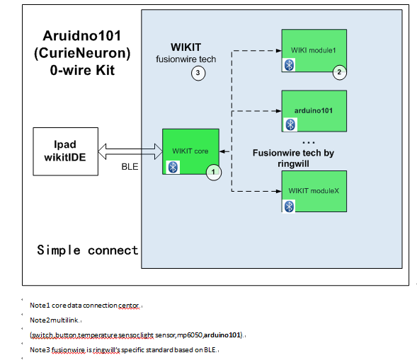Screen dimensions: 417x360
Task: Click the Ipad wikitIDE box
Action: [x=65, y=151]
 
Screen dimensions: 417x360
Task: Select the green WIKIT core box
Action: [x=190, y=151]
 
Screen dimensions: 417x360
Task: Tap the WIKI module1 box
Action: [x=314, y=50]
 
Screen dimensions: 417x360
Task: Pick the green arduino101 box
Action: [x=314, y=111]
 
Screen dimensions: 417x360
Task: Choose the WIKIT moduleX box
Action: [x=314, y=191]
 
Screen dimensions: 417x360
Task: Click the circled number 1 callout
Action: [x=214, y=172]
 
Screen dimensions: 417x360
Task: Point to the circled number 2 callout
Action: [x=339, y=72]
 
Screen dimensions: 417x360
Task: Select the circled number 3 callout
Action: [x=198, y=73]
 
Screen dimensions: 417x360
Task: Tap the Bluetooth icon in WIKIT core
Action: [x=173, y=168]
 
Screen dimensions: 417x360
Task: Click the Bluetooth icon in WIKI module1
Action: [x=289, y=65]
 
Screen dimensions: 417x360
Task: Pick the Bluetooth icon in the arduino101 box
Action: [x=290, y=124]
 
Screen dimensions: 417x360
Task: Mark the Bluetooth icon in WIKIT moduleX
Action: [x=289, y=207]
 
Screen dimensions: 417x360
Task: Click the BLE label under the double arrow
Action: [x=130, y=167]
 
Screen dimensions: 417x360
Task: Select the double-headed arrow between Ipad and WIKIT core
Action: [x=130, y=151]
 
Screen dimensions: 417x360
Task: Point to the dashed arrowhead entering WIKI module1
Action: [x=279, y=50]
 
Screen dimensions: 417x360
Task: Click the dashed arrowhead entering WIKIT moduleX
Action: [x=279, y=191]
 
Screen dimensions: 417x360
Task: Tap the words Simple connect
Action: [x=88, y=250]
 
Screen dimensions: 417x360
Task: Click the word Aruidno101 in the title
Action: [x=82, y=36]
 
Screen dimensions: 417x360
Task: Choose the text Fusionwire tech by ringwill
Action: [x=293, y=158]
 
